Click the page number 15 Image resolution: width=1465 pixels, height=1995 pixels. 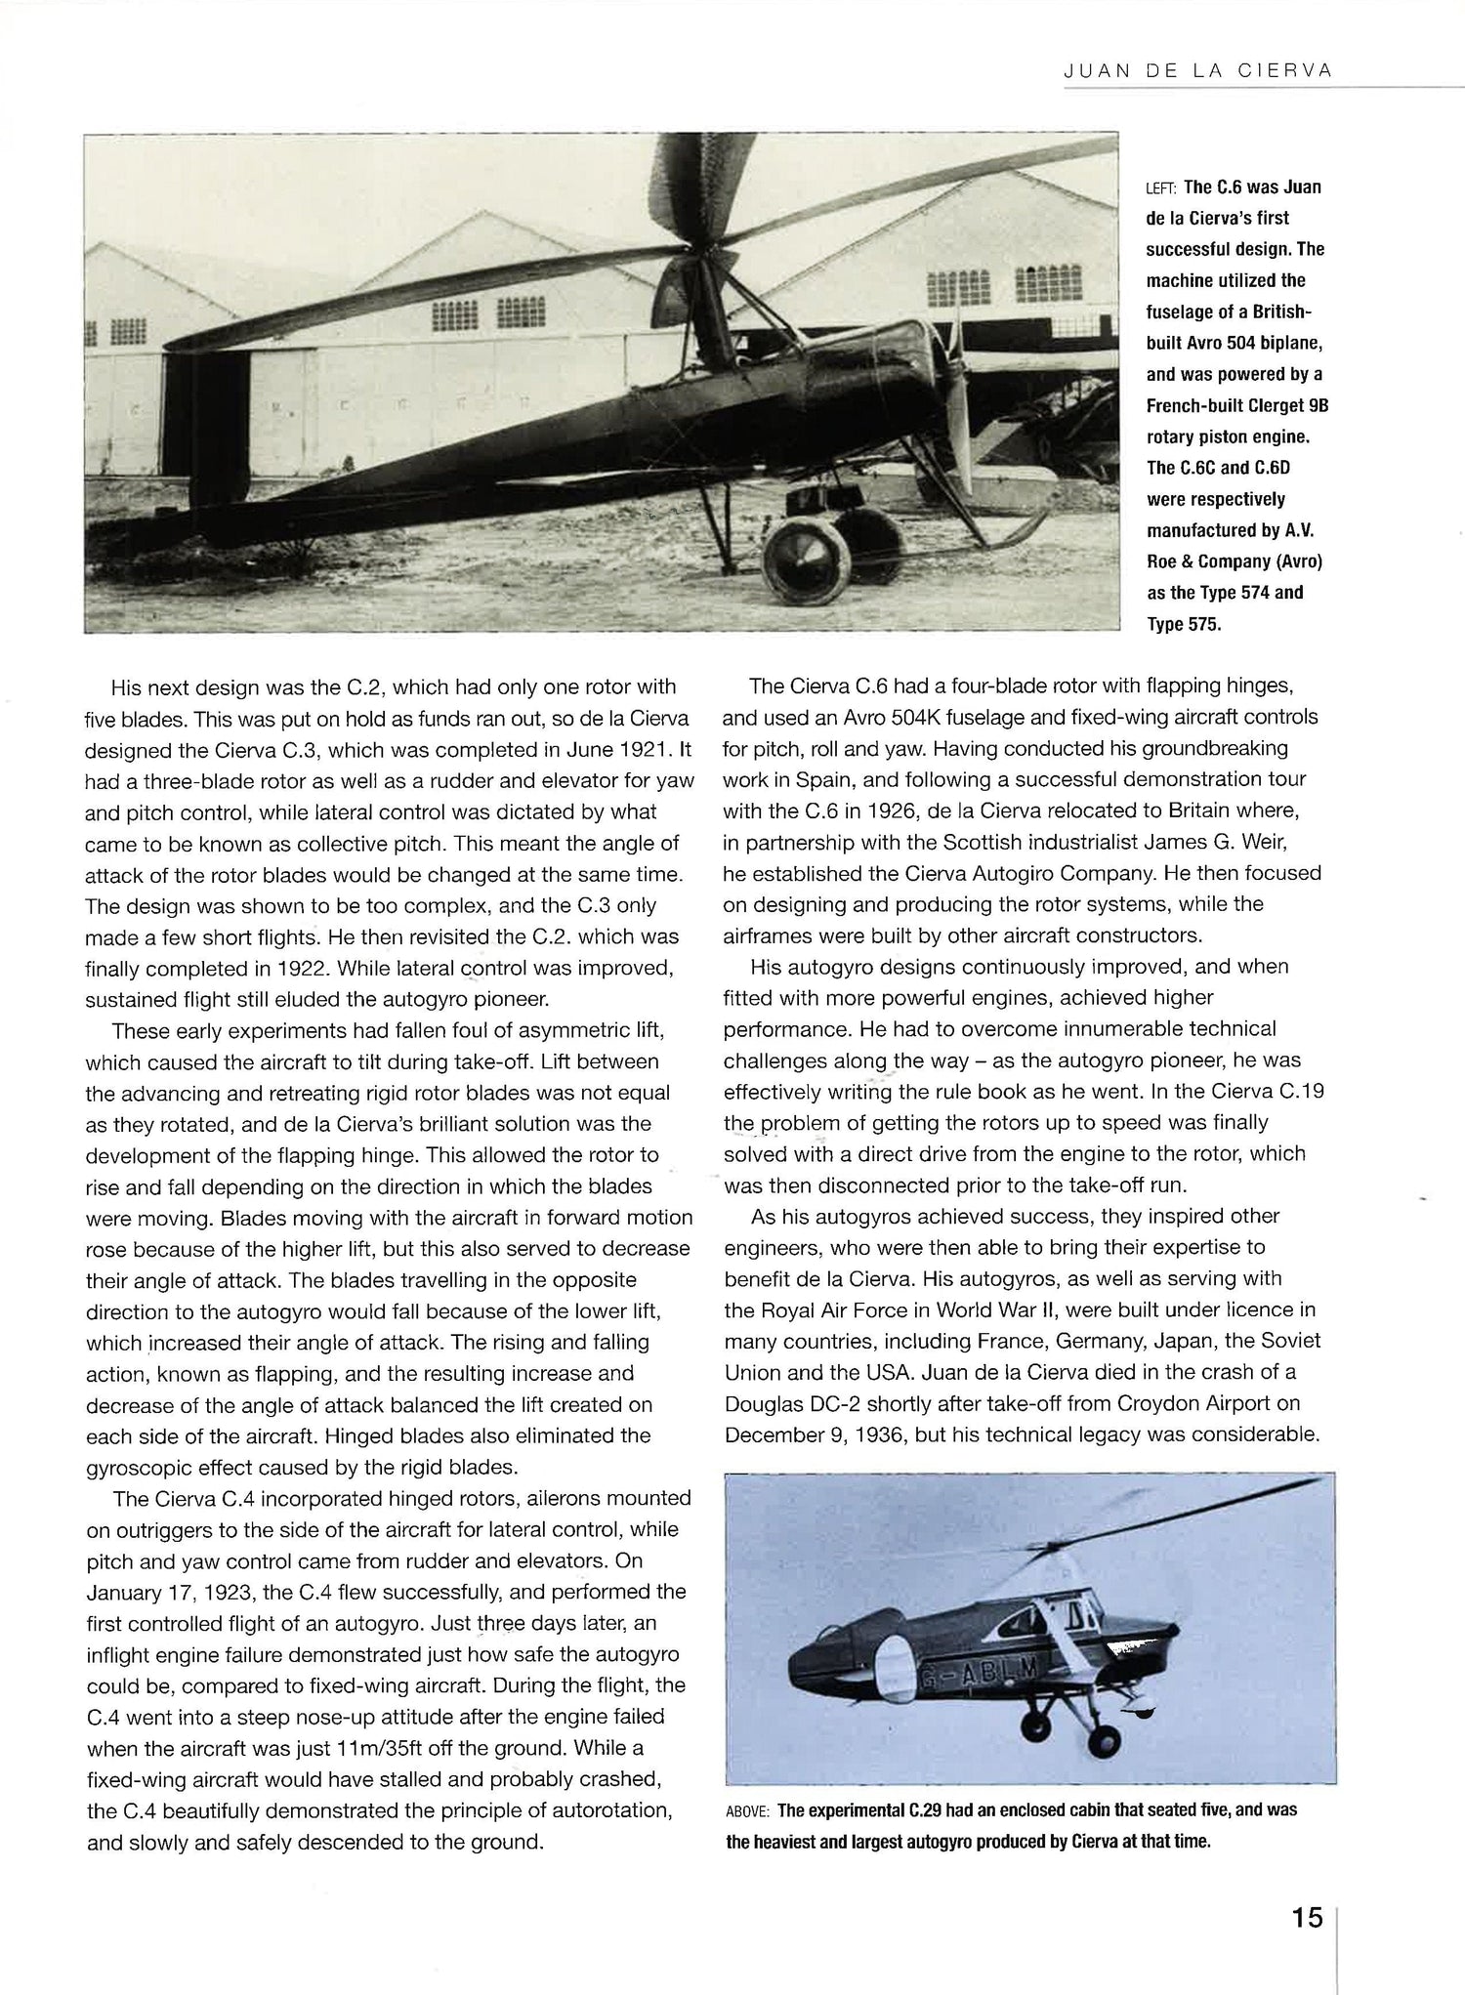(1307, 1917)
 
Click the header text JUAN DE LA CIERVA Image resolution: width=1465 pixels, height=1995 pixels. (1198, 71)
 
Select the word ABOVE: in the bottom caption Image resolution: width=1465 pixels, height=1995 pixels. (748, 1810)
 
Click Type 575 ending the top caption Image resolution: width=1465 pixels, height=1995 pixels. (1184, 624)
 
